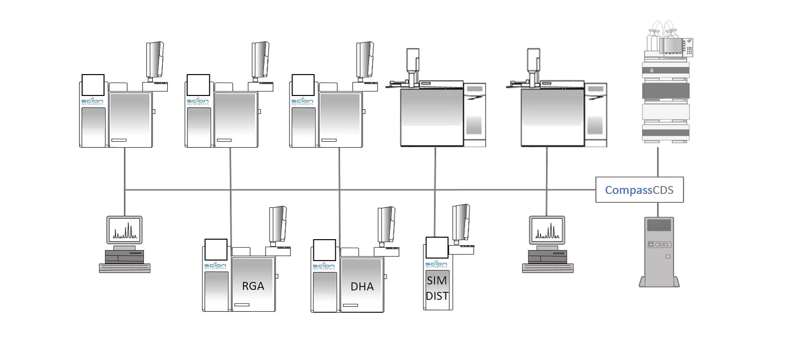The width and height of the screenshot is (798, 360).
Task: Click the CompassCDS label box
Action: (639, 190)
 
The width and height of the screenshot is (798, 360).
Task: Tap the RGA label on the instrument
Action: (253, 286)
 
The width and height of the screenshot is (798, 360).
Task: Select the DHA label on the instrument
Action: (362, 286)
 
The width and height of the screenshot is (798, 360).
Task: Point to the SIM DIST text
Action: (437, 288)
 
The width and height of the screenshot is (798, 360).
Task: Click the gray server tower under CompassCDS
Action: (659, 252)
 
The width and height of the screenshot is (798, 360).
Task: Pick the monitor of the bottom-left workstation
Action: (124, 230)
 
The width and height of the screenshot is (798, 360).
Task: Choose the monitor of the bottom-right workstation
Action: (547, 230)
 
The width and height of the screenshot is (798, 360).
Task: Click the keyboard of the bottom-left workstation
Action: (125, 268)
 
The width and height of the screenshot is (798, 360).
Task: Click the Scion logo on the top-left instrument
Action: (93, 101)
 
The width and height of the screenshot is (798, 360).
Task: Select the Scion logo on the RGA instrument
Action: (215, 266)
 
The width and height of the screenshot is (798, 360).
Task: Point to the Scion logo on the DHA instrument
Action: (323, 266)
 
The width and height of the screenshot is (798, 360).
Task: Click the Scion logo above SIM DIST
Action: (436, 264)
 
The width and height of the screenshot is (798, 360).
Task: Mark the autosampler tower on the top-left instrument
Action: (155, 60)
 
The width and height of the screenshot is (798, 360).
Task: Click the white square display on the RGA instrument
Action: (216, 250)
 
